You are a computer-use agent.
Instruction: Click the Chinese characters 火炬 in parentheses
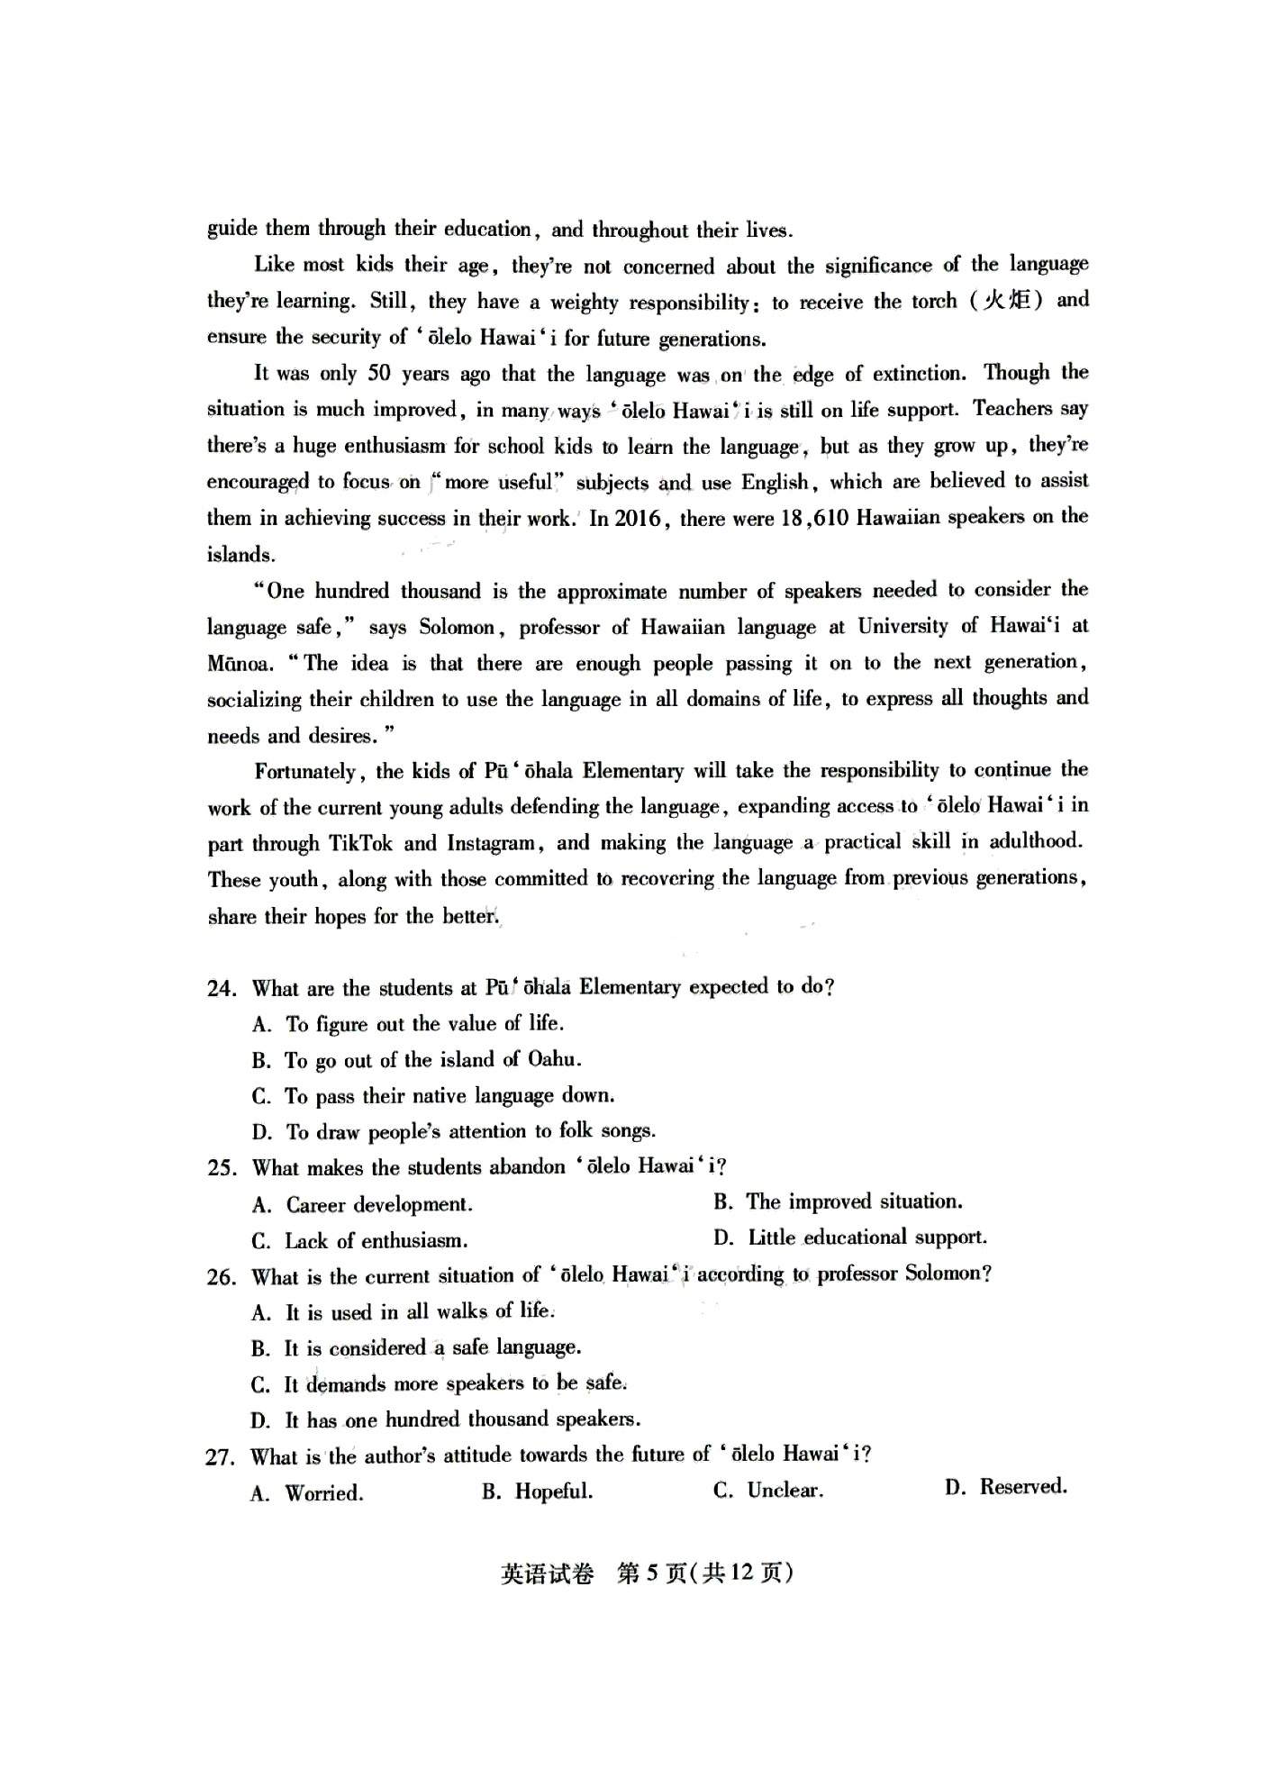[1006, 301]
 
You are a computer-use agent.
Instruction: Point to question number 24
[222, 988]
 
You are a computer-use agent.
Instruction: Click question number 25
[222, 1168]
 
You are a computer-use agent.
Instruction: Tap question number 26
[222, 1277]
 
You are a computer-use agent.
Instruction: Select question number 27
[221, 1456]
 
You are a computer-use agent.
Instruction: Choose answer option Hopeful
[553, 1491]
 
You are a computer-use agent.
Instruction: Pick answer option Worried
[324, 1493]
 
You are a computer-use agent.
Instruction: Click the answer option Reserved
[1023, 1487]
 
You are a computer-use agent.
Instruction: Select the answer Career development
[378, 1205]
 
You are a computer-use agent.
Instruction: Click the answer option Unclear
[785, 1491]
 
